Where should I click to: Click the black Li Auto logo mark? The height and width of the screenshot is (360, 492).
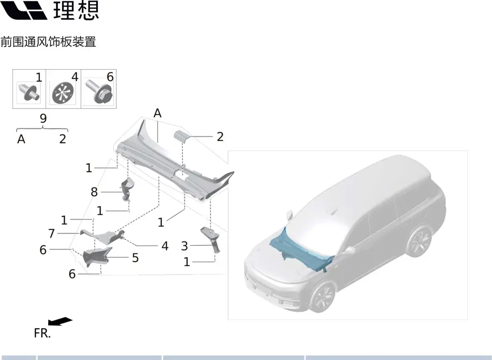(24, 10)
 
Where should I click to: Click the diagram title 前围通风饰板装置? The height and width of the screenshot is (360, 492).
(49, 42)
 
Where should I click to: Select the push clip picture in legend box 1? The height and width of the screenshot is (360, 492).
(28, 92)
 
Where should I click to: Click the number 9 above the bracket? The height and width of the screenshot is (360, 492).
(43, 119)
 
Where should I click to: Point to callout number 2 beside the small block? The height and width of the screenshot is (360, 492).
(220, 137)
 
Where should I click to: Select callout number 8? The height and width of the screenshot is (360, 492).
(94, 192)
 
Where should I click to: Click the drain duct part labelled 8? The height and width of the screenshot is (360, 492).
(127, 189)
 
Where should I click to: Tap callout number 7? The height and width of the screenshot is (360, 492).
(51, 233)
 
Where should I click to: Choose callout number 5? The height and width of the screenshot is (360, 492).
(135, 258)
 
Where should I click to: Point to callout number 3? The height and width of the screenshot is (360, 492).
(184, 246)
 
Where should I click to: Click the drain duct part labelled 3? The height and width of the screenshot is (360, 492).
(211, 239)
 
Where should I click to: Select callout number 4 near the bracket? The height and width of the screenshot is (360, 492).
(165, 246)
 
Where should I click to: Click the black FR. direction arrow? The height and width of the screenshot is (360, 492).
(60, 322)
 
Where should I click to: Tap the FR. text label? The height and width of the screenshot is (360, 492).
(42, 333)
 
